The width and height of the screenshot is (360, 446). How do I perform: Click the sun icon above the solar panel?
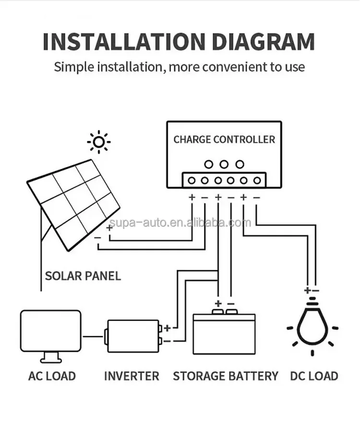[x=99, y=142]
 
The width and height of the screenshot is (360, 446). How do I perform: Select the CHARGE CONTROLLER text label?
[x=224, y=140]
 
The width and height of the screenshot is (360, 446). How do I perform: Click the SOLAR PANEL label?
[x=83, y=276]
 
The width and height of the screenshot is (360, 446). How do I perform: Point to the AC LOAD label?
[x=52, y=376]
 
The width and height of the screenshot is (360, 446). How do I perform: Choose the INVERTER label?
[x=132, y=376]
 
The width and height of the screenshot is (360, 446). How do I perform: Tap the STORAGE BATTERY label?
[x=226, y=376]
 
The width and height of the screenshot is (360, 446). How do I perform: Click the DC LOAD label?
[x=314, y=376]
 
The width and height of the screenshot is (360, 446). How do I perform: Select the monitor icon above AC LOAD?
[x=50, y=334]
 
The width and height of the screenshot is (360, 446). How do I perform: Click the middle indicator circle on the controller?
[x=224, y=164]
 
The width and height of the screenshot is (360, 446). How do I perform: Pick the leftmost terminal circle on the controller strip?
[x=192, y=181]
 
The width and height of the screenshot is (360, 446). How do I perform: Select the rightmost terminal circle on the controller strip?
[x=257, y=181]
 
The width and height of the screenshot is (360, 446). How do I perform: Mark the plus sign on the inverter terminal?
[x=167, y=329]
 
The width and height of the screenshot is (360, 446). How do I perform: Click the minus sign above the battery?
[x=231, y=304]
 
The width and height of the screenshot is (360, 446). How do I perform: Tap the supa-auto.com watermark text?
[x=180, y=223]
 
